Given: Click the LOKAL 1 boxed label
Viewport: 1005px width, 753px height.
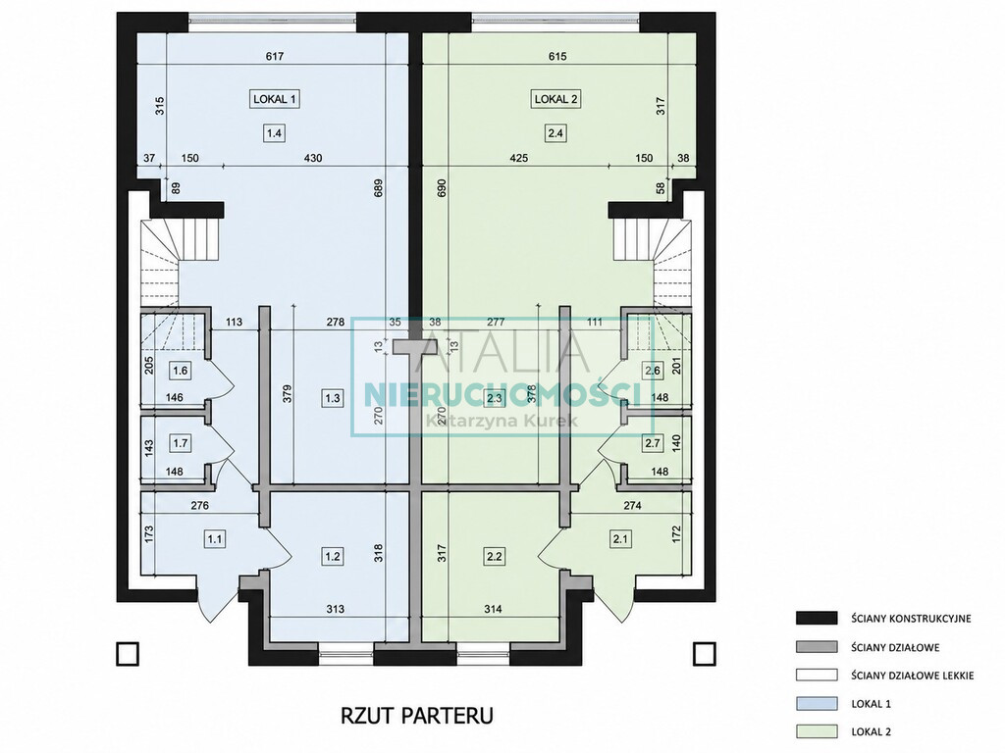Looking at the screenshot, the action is pyautogui.click(x=275, y=99).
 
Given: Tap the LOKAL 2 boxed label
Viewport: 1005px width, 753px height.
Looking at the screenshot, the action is pyautogui.click(x=555, y=99).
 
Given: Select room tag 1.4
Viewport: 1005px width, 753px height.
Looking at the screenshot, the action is pyautogui.click(x=275, y=133).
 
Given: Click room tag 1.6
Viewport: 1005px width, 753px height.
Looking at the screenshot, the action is pyautogui.click(x=181, y=370).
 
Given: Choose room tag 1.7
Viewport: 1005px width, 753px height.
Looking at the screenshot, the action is pyautogui.click(x=181, y=442).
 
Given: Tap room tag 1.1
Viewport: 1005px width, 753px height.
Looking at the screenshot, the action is pyautogui.click(x=214, y=539).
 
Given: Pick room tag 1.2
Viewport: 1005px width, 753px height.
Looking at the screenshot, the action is pyautogui.click(x=332, y=556).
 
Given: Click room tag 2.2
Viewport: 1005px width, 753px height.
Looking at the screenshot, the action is pyautogui.click(x=495, y=556).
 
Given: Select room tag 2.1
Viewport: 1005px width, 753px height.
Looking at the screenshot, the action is pyautogui.click(x=620, y=539).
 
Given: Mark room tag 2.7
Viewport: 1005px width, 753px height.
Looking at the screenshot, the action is pyautogui.click(x=653, y=442).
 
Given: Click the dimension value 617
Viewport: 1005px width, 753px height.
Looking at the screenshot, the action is pyautogui.click(x=275, y=56).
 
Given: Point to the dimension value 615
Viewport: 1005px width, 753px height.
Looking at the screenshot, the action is pyautogui.click(x=557, y=56).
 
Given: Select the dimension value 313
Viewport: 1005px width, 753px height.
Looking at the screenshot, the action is pyautogui.click(x=336, y=609).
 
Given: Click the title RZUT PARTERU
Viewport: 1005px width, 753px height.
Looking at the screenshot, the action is pyautogui.click(x=416, y=715).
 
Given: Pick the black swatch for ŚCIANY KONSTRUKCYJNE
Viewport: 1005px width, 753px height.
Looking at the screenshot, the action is pyautogui.click(x=817, y=618).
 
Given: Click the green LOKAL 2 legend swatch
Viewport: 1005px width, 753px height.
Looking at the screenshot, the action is pyautogui.click(x=817, y=731).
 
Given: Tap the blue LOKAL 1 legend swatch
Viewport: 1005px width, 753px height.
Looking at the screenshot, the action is pyautogui.click(x=817, y=703).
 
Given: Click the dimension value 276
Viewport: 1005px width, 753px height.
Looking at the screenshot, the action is pyautogui.click(x=200, y=506).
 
